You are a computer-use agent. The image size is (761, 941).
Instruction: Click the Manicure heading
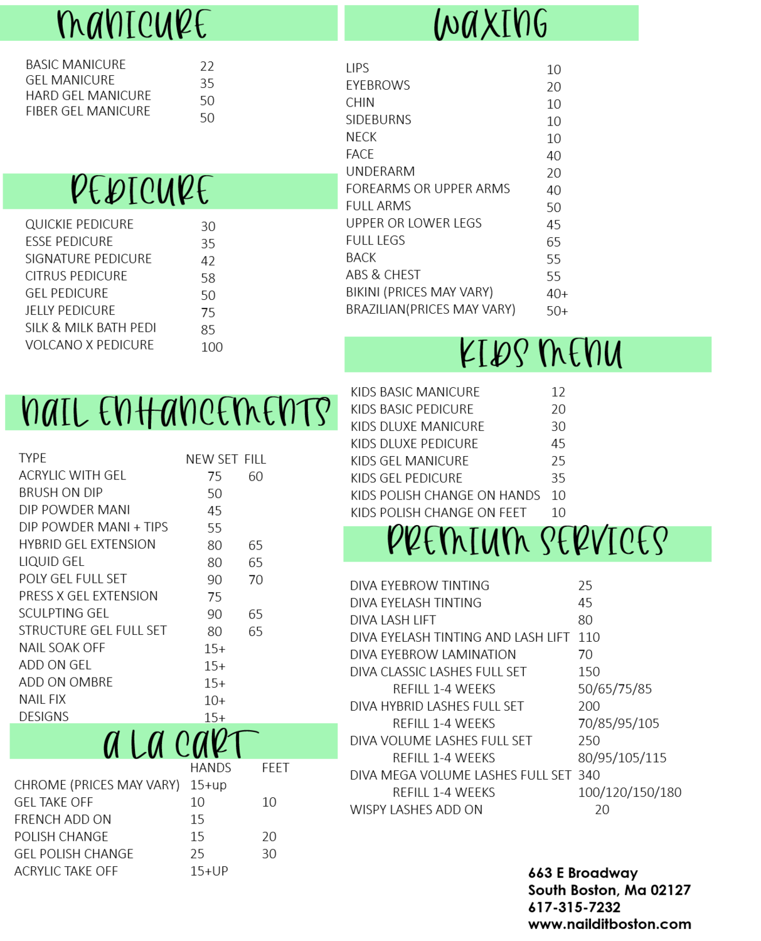pos(132,25)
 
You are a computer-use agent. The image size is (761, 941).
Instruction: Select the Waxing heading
pos(491,25)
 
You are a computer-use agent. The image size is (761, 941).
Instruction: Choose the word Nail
pos(55,413)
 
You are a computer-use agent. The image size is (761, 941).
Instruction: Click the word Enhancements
pos(213,413)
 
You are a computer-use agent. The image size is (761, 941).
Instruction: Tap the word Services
pos(604,541)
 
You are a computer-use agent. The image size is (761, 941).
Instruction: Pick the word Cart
pos(216,743)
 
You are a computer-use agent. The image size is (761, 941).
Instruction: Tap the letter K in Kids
pos(467,354)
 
